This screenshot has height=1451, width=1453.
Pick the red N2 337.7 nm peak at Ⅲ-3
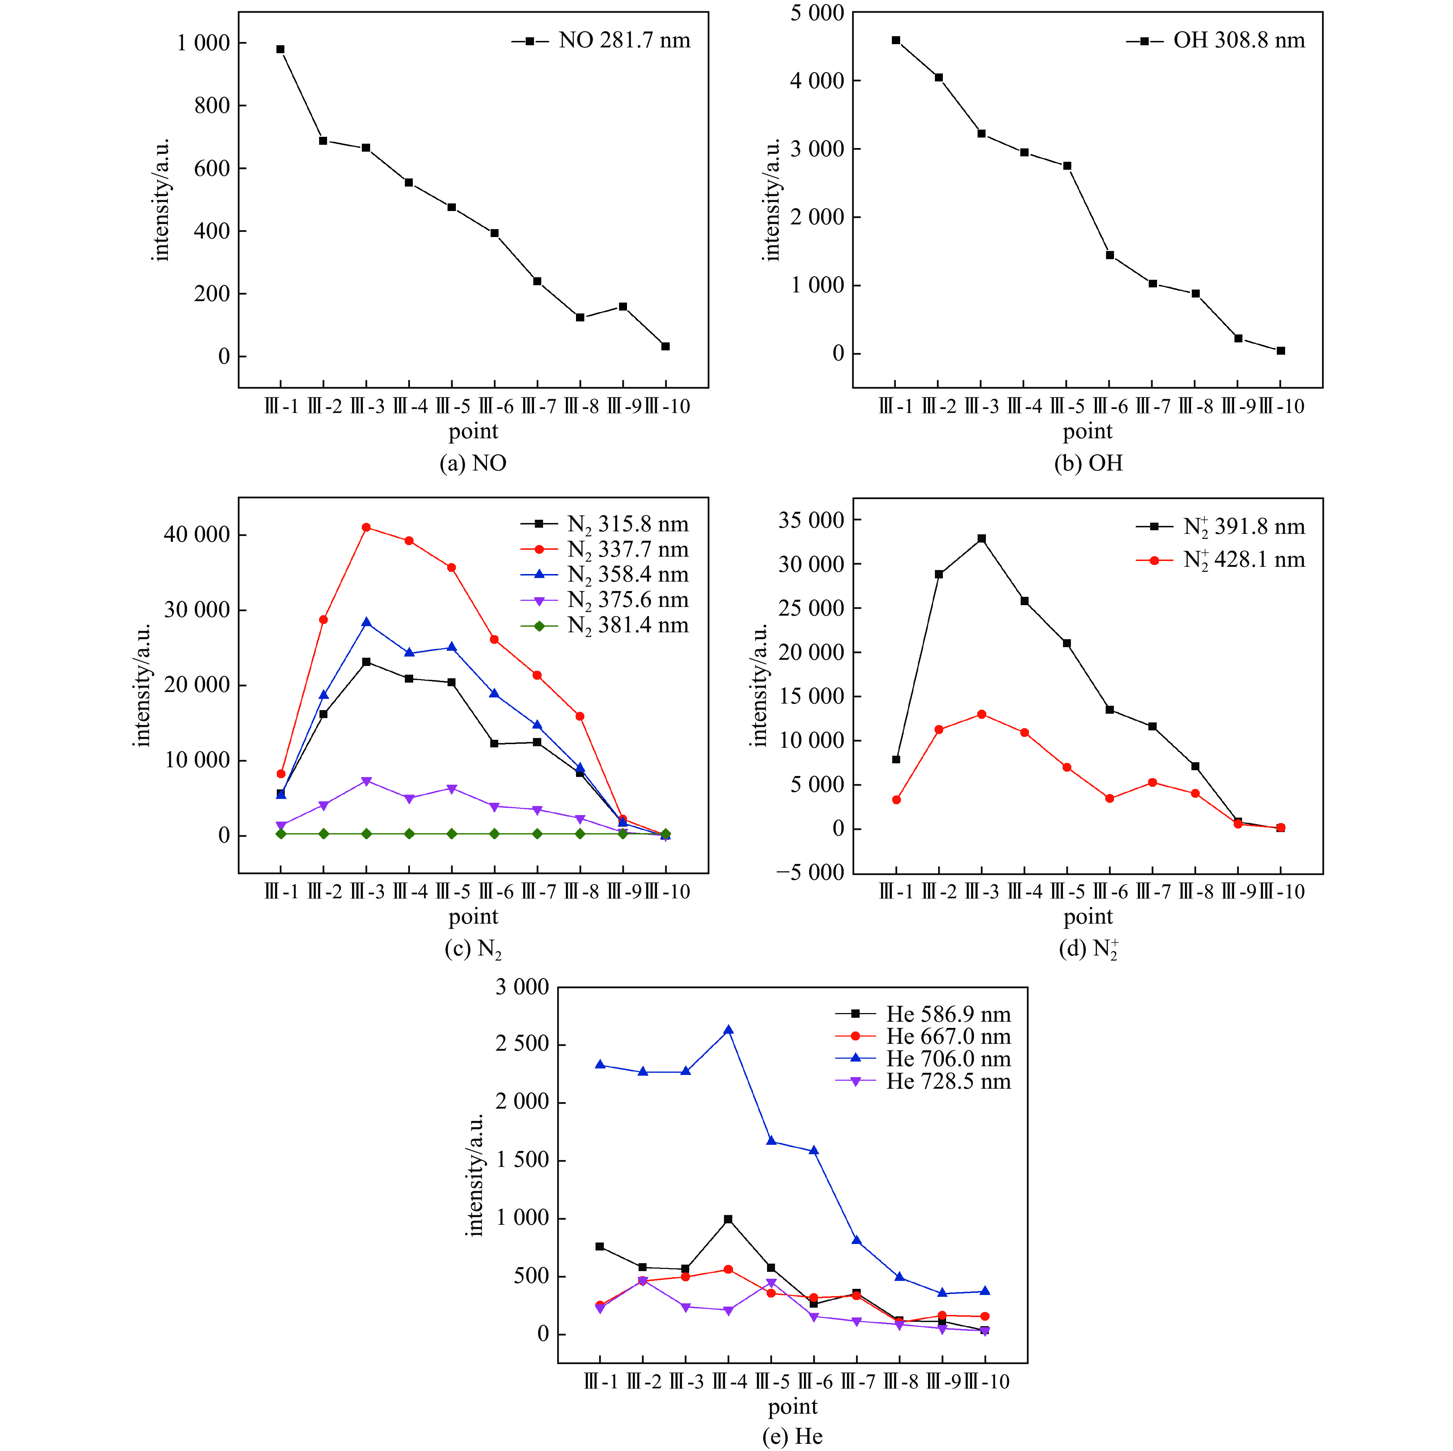366,527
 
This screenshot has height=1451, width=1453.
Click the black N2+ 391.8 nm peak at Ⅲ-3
982,539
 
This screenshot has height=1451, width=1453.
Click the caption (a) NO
473,463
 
